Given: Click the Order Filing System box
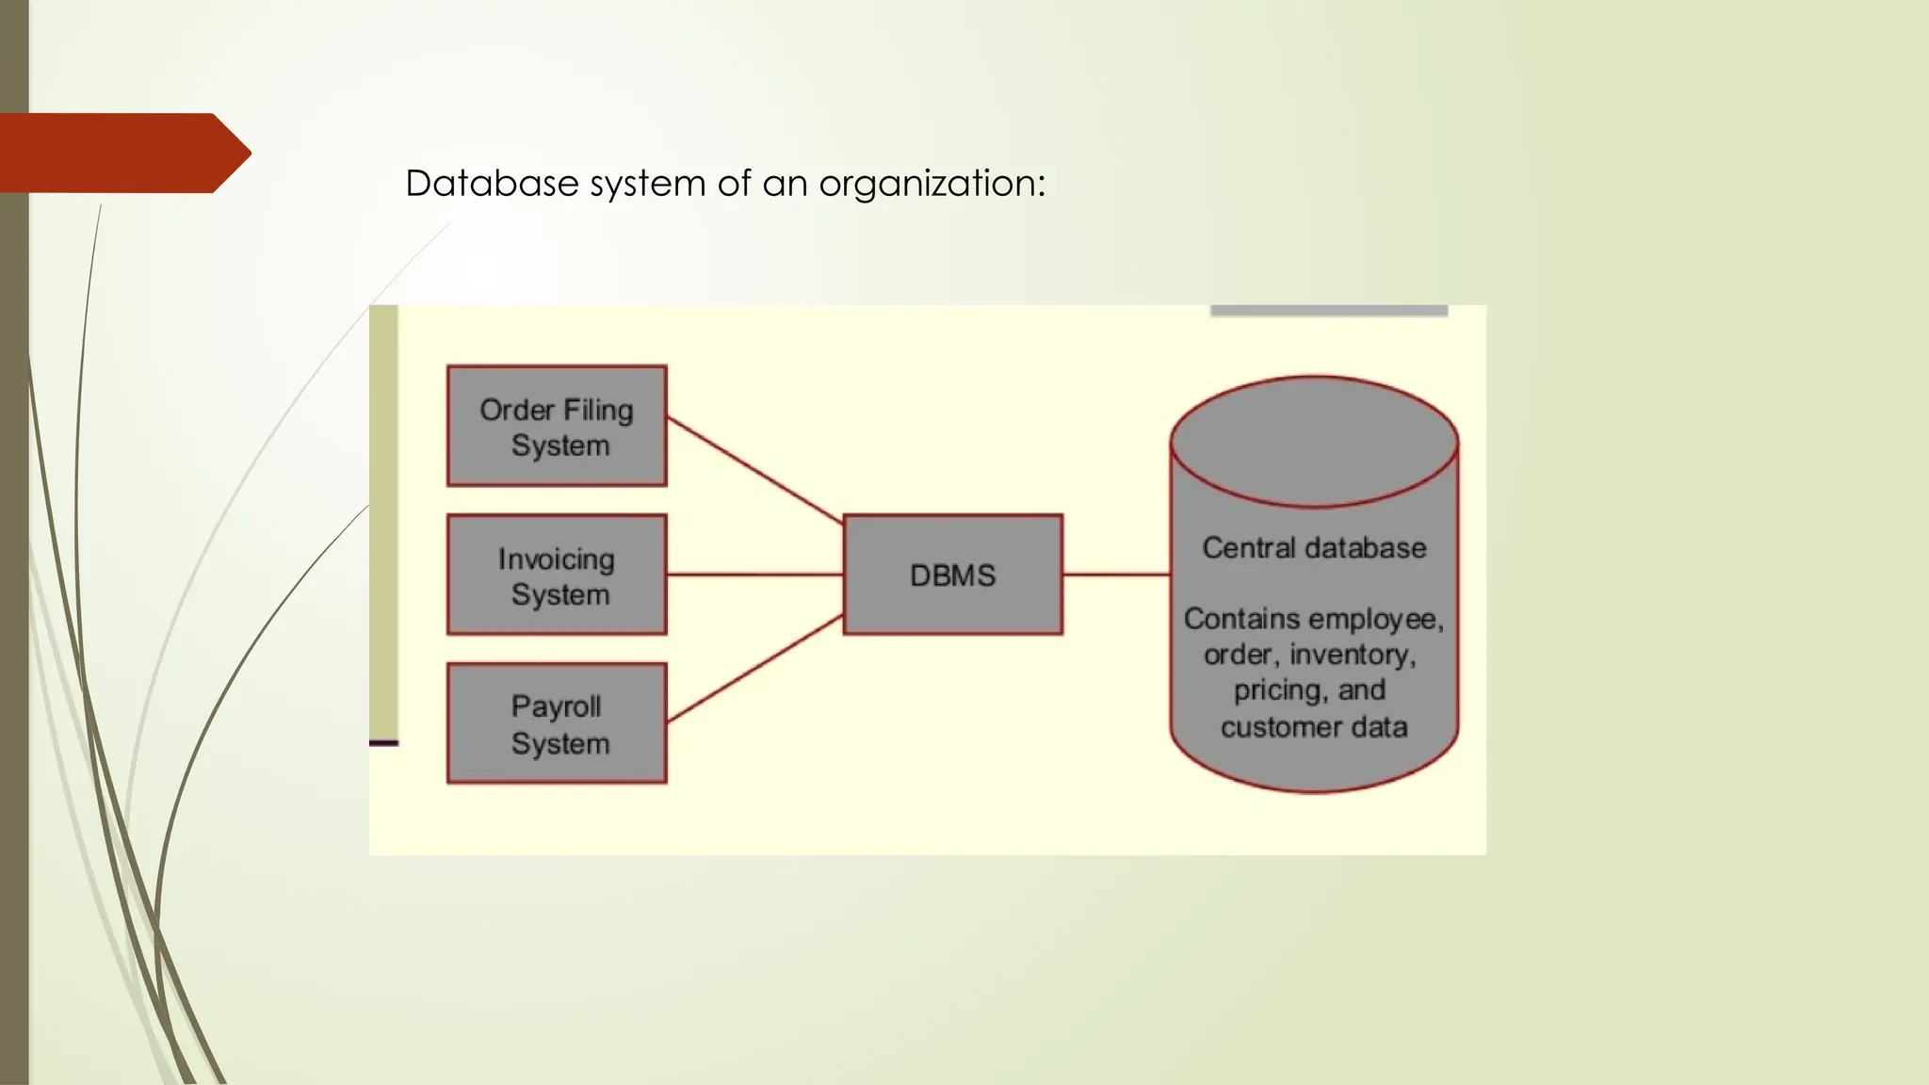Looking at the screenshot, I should click(557, 426).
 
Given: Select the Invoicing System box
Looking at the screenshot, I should click(557, 575).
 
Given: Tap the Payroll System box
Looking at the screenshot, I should click(557, 723).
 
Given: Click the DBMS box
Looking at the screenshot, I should click(952, 575).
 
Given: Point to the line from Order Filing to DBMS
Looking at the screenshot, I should click(754, 470).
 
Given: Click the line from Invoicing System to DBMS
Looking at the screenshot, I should click(754, 574).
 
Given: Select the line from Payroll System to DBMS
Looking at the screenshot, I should click(754, 670).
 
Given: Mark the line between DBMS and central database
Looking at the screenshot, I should click(1116, 574).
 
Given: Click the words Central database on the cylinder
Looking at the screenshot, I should click(1314, 548).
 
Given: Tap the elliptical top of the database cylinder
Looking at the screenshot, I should click(1314, 441).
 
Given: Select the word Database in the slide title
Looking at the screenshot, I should click(491, 184).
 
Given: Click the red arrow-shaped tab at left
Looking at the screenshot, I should click(122, 154).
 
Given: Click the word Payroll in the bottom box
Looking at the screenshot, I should click(556, 706).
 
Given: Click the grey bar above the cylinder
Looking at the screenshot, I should click(1328, 310).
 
